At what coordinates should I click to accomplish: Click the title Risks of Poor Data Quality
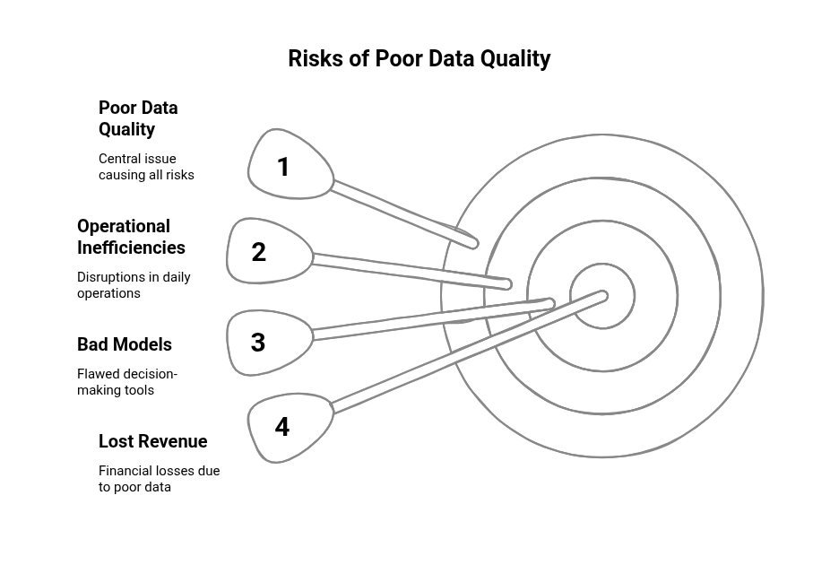(419, 59)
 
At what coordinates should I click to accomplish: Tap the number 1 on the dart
(283, 167)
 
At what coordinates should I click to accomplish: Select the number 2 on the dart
(258, 252)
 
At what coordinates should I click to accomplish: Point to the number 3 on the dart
(258, 343)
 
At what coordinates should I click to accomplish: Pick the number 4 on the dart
(282, 427)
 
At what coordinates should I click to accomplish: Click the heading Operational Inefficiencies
(131, 237)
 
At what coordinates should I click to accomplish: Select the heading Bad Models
(124, 344)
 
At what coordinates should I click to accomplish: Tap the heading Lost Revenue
(152, 441)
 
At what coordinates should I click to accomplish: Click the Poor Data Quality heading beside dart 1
(138, 118)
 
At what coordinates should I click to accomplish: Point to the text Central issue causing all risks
(146, 167)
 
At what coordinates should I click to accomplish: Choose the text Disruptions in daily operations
(134, 285)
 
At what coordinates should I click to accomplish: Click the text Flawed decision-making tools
(126, 382)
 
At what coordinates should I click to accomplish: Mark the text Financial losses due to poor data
(159, 479)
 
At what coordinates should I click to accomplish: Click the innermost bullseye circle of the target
(602, 264)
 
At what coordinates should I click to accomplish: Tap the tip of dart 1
(474, 244)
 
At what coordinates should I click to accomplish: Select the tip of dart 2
(507, 284)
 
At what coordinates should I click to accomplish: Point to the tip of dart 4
(604, 295)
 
